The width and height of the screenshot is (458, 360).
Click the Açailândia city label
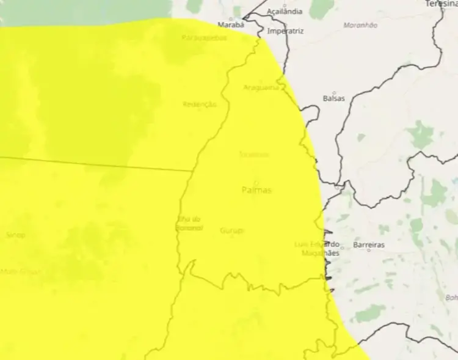(285, 12)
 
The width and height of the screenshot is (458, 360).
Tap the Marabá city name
(231, 25)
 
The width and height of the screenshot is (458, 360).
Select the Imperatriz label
(286, 30)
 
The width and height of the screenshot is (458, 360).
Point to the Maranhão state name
(360, 25)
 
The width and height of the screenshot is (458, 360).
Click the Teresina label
(442, 4)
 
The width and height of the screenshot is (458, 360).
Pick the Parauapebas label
(204, 37)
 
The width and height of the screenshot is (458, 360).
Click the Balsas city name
(333, 98)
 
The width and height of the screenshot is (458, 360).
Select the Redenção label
(200, 105)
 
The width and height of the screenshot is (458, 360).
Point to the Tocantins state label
(253, 154)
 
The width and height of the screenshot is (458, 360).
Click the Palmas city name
(256, 190)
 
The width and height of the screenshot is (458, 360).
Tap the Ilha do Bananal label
(189, 223)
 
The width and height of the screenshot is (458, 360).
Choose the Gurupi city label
(232, 230)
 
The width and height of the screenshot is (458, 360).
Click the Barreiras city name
(368, 244)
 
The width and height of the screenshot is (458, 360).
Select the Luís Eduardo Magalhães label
(316, 248)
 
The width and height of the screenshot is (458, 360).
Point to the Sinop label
(15, 235)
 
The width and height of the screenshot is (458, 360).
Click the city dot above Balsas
(333, 92)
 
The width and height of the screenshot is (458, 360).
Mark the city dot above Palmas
(256, 182)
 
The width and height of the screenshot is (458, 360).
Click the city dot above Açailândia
(285, 6)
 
